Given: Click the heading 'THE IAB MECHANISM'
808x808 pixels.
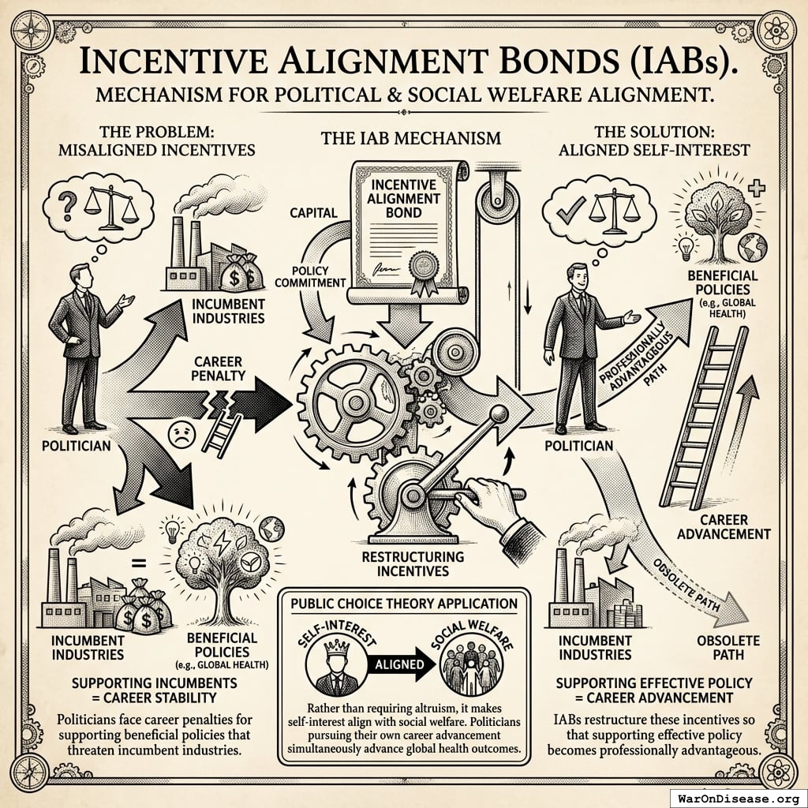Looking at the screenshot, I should pos(410,138).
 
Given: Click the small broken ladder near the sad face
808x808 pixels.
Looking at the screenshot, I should pos(223,434).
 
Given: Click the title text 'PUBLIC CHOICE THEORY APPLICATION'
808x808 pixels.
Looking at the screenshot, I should pos(403,604).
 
